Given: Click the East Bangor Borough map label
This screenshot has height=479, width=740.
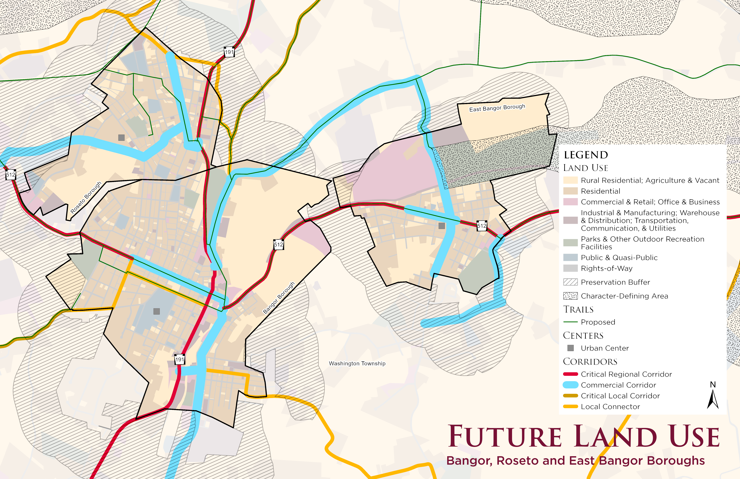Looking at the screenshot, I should point(497,108).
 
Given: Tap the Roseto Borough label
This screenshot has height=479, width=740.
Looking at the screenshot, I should point(86,198).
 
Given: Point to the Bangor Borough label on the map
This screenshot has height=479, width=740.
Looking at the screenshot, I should point(279,298).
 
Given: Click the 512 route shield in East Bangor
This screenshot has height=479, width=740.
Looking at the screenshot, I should point(482,226).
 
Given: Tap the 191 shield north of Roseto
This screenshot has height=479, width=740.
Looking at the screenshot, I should point(229,52).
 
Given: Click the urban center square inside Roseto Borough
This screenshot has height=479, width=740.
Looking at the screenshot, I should point(121,137).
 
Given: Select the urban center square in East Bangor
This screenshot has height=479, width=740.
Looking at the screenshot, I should point(442,226).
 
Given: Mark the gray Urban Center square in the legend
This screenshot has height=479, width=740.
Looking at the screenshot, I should point(570,348).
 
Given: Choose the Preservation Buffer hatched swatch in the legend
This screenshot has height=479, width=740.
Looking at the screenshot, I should point(570,282).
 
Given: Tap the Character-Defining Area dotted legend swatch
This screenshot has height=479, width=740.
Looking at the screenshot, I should point(570,296).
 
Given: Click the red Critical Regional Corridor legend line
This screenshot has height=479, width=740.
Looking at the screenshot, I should point(570,374).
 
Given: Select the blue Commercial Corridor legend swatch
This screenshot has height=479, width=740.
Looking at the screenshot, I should point(570,385).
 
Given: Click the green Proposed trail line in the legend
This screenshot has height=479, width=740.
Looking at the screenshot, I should point(570,322).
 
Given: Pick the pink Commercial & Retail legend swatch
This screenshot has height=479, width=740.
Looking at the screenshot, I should point(570,202).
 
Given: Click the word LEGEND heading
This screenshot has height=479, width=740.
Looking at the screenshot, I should point(586,155).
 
